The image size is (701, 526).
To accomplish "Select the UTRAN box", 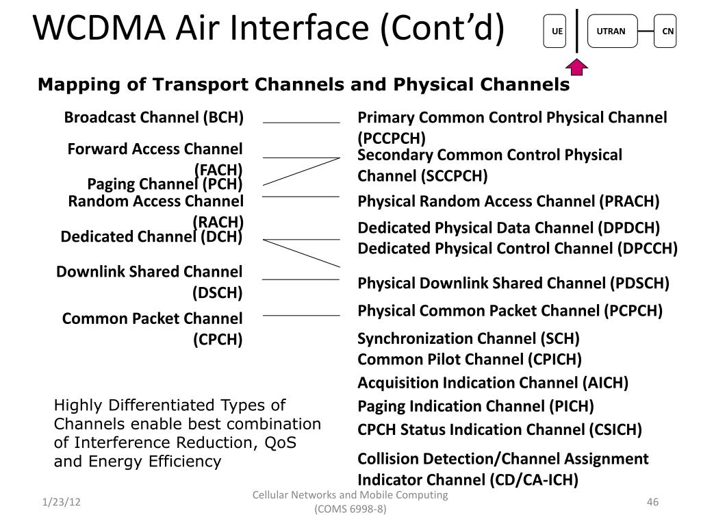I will [x=611, y=32].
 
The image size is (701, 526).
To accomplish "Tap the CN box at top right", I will [x=665, y=32].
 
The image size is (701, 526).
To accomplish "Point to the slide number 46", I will [x=652, y=503].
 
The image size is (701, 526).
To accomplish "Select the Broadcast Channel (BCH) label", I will [x=154, y=118].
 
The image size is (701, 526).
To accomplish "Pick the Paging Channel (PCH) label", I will [x=165, y=184].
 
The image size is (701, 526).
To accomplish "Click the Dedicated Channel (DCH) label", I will [x=152, y=237].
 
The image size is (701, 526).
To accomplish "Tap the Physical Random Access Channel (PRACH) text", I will [x=509, y=201].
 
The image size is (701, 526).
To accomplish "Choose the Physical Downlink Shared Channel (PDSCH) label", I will [x=513, y=283].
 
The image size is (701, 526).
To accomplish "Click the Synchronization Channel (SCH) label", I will [x=469, y=338].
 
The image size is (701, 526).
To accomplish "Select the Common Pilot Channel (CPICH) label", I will [x=470, y=359].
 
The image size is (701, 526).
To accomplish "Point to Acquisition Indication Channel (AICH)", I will [x=493, y=382].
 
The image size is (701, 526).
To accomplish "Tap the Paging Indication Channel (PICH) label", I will [x=476, y=406].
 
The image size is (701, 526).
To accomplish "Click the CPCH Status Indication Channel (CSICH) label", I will [x=500, y=430].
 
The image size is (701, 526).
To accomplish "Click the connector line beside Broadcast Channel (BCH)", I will [x=301, y=123].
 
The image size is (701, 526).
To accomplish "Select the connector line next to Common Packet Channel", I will [x=301, y=316].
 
